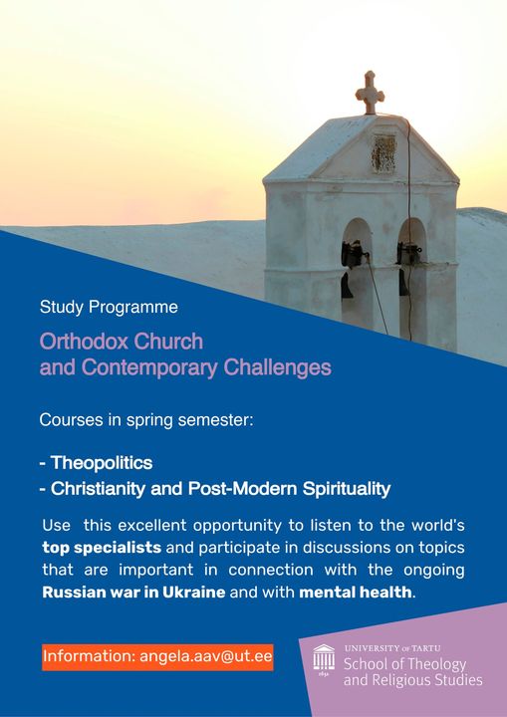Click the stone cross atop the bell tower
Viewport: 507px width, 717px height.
point(370,93)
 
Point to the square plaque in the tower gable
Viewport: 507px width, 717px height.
point(383,153)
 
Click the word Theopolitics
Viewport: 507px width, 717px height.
point(102,463)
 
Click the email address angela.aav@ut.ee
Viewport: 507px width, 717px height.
point(206,656)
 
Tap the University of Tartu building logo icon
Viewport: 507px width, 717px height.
point(324,659)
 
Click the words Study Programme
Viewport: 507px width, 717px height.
point(109,307)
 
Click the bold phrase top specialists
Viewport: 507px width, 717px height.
point(102,548)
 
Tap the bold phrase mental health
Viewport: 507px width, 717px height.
point(356,593)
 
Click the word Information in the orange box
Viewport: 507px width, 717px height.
point(89,656)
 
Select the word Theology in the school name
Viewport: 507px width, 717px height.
point(436,664)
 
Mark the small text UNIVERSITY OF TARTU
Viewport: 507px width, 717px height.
point(392,648)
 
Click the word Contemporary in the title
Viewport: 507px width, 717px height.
point(149,367)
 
